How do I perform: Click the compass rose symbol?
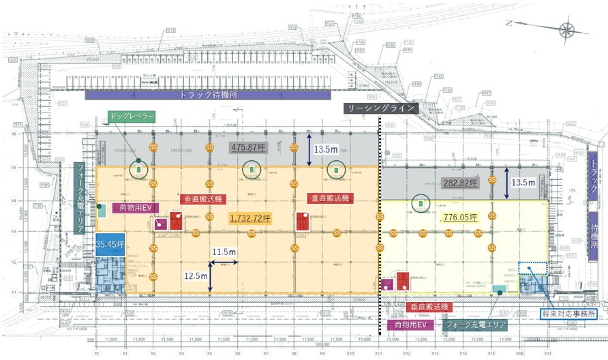[x=566, y=29]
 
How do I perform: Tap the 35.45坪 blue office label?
[x=109, y=243]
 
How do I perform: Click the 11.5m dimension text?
[x=224, y=252]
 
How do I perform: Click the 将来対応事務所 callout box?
[x=573, y=314]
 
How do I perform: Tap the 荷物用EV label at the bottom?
[x=407, y=325]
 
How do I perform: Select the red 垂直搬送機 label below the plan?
[x=427, y=307]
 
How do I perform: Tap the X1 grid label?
[x=97, y=354]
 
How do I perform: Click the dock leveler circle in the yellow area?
[x=421, y=202]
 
